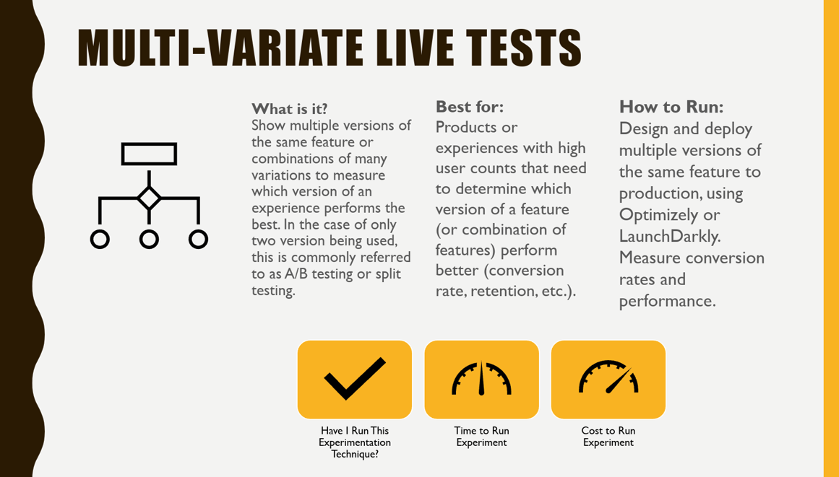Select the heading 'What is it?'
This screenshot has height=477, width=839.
(290, 109)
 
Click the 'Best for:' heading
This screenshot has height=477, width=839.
(470, 107)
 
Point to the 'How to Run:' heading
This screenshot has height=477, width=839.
(671, 107)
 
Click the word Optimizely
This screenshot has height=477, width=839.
(658, 215)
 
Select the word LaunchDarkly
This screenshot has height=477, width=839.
(668, 236)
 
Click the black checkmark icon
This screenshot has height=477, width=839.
(355, 378)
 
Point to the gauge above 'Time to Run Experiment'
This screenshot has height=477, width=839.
(481, 378)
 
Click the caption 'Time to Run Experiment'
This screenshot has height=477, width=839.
(481, 437)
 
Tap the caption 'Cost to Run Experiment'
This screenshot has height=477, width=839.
(608, 437)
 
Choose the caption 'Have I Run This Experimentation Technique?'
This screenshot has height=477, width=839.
(355, 442)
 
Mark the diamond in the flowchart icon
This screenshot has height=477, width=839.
(149, 198)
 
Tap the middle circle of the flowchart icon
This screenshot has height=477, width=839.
(149, 239)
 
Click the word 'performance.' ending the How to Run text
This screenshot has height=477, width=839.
(667, 301)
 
